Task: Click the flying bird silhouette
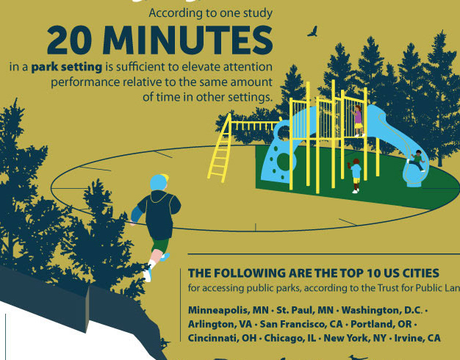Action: coord(313,32)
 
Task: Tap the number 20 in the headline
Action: coord(69,40)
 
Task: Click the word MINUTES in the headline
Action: coord(188,40)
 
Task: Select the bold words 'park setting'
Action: coord(67,67)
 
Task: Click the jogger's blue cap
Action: coord(159,182)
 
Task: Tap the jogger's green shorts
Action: coord(160,245)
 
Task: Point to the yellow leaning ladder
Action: coord(220,148)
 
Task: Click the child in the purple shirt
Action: coord(358,121)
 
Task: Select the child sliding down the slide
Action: coord(417,160)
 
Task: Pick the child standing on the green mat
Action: coord(355,176)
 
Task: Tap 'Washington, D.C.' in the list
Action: coord(382,310)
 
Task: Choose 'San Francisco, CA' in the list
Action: coord(301,324)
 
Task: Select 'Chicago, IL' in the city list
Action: coord(290,338)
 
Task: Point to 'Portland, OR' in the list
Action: coord(381,324)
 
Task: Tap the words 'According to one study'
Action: coord(211,13)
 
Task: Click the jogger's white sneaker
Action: coord(147,274)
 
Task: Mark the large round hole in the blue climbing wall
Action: coord(283,162)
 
